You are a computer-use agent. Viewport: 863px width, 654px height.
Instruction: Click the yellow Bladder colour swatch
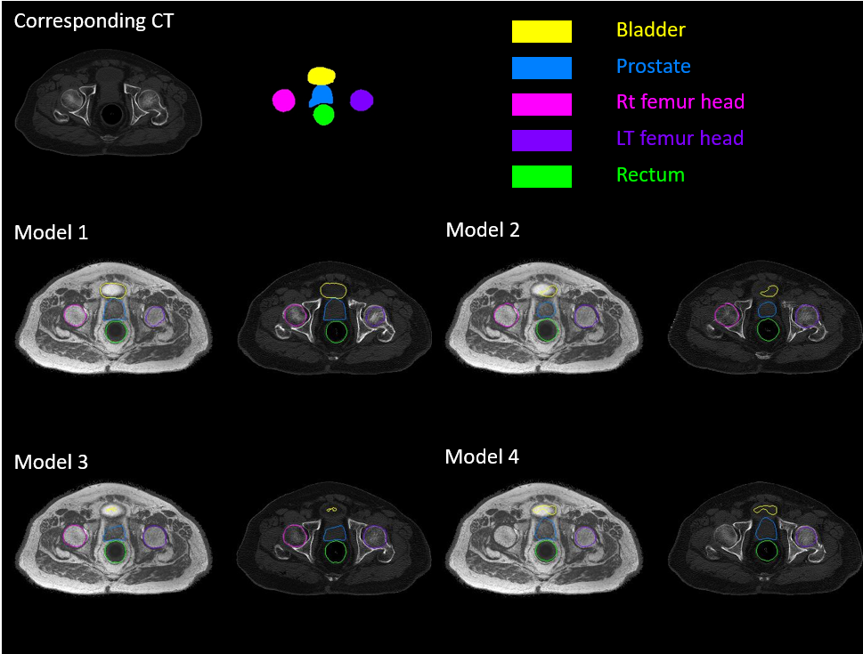coord(541,31)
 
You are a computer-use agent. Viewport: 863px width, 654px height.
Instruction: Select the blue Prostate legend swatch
coord(541,68)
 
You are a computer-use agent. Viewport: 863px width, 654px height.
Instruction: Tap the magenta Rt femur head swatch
coord(541,104)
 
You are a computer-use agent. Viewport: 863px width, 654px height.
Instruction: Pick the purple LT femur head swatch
coord(541,141)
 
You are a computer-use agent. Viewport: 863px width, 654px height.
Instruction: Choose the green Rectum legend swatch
coord(541,176)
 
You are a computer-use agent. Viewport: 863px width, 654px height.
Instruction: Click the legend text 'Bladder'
coord(651,30)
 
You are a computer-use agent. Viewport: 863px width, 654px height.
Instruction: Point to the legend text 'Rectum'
coord(650,175)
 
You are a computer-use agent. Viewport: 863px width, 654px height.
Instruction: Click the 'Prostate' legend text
coord(653,67)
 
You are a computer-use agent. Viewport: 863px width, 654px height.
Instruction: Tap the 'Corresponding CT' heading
coord(94,20)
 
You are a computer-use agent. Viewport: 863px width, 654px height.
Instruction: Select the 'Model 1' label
coord(52,233)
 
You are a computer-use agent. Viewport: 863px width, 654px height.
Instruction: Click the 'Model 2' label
coord(483,230)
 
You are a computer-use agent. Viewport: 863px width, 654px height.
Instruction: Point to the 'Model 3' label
coord(52,462)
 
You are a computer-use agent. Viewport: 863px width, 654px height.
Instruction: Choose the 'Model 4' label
coord(482,457)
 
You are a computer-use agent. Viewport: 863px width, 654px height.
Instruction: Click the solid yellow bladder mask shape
coord(322,77)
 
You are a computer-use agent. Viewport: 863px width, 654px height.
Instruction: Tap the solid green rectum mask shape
coord(323,115)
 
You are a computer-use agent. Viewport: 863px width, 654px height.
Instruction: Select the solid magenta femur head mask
coord(283,101)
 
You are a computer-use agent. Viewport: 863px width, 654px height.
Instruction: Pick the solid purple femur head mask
coord(361,101)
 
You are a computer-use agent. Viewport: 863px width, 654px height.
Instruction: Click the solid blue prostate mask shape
coord(322,95)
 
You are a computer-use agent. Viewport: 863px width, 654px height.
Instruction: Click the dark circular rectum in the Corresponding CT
coord(111,115)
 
